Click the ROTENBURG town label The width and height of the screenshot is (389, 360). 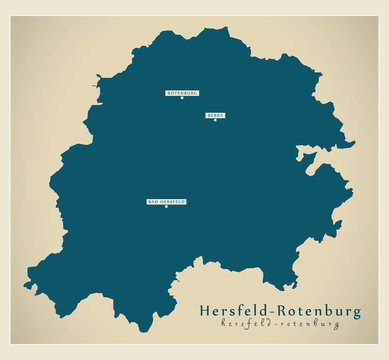click(182, 92)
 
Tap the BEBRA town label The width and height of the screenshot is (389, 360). click(215, 115)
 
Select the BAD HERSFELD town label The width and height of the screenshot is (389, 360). click(167, 201)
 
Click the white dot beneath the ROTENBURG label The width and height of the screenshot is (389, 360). click(182, 98)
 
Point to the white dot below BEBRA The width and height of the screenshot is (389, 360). click(215, 121)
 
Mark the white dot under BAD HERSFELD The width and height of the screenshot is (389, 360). click(166, 207)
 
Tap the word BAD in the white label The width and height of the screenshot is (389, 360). click(153, 201)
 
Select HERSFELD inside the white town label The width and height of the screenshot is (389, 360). click(172, 201)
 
